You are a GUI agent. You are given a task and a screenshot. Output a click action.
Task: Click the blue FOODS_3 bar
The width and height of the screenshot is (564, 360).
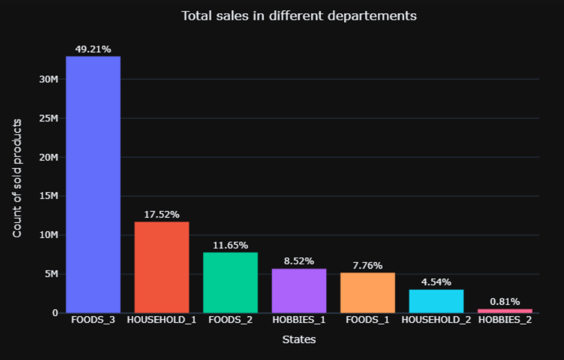(x=93, y=185)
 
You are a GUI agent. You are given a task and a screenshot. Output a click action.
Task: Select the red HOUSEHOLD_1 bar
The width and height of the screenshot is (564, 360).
(x=162, y=267)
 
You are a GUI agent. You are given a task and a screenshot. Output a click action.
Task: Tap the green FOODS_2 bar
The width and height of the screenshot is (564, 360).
(x=231, y=282)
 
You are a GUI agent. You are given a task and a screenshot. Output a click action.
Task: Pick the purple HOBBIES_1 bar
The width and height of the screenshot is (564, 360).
(x=299, y=291)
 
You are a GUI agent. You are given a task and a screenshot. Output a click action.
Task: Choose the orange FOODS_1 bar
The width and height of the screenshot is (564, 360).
(x=368, y=293)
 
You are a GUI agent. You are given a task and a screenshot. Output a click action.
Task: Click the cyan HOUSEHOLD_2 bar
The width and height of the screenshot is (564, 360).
(x=436, y=301)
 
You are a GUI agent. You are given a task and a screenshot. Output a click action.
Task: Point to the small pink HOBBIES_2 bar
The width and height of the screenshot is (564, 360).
(x=505, y=311)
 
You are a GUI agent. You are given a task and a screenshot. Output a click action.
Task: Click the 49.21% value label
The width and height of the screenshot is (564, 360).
(x=93, y=49)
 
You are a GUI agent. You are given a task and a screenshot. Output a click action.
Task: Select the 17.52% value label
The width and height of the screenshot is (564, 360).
(x=162, y=215)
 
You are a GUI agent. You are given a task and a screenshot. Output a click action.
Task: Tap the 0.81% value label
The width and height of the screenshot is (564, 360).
(x=505, y=302)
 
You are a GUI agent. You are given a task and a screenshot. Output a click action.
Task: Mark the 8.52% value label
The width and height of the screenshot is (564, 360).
(x=299, y=261)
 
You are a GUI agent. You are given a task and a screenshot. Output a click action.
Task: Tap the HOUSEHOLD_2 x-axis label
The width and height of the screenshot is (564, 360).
(x=436, y=320)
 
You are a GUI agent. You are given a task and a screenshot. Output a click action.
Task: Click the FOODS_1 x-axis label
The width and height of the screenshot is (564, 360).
(x=368, y=320)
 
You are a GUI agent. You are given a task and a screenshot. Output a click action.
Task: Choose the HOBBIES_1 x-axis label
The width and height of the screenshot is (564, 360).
(x=299, y=320)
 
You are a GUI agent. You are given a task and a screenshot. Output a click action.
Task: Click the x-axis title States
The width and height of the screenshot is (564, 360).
(x=299, y=340)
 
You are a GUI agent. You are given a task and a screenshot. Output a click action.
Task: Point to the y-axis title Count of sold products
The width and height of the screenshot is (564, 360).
(x=17, y=178)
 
